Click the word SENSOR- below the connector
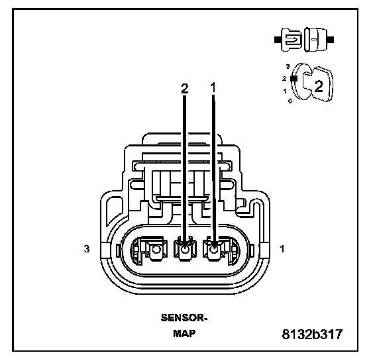coord(184,317)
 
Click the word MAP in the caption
coord(184,333)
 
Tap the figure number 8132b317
coord(312,334)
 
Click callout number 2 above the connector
coord(185,89)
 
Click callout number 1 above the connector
coord(213,88)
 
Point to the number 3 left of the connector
coord(87,248)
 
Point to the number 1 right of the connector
coord(282,248)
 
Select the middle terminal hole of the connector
coord(185,250)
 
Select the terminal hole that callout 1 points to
coord(213,250)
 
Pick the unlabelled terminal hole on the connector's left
coord(156,250)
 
